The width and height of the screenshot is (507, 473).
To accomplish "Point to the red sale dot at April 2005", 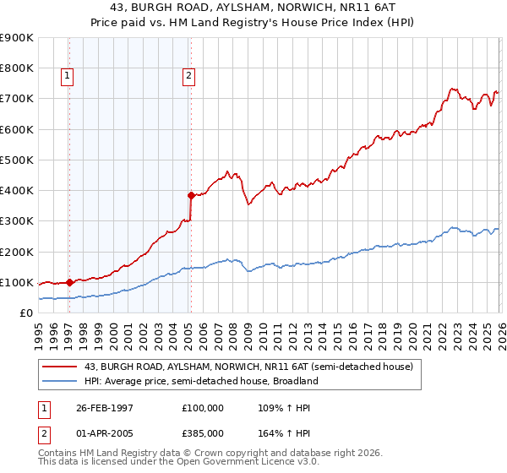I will pos(191,195).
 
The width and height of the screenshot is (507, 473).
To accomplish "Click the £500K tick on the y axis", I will pos(17,160).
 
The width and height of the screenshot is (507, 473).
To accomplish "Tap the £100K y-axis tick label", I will pos(17,282).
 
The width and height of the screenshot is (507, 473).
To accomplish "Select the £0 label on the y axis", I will pos(25,313).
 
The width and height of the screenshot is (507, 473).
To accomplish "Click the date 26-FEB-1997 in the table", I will pos(98,407).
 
